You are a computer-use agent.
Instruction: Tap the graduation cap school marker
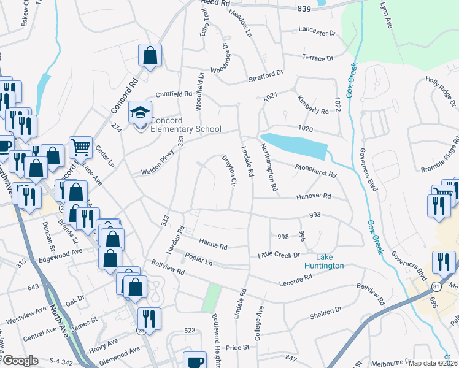[139, 113]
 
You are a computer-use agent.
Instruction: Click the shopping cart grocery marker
[81, 148]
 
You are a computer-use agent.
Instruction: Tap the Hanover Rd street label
[314, 196]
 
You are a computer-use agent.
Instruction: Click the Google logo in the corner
[20, 361]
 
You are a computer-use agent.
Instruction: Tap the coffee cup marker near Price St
[196, 361]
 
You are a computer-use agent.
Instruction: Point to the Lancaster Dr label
[318, 31]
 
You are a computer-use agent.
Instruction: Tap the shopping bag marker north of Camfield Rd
[150, 56]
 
